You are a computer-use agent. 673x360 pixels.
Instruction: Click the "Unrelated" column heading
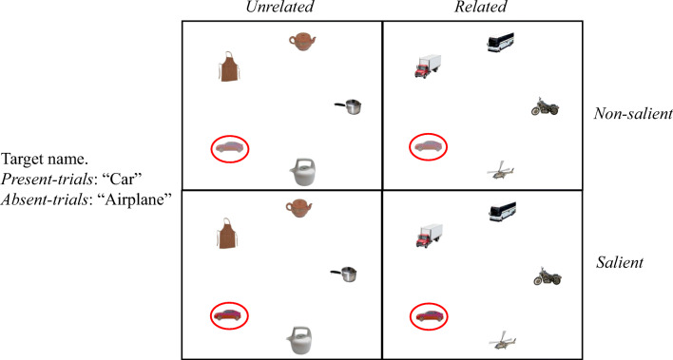279,7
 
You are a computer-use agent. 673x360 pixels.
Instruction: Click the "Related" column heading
481,7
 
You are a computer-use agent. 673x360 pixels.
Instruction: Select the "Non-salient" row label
633,113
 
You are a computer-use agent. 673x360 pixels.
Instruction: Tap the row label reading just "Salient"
620,262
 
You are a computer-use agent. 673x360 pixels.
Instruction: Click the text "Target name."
45,160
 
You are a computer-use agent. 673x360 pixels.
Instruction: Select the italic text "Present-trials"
48,180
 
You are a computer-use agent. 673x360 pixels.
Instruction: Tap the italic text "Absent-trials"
45,199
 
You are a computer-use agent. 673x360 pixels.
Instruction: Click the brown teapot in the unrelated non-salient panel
302,42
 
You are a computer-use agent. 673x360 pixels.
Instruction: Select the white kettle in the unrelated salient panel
299,340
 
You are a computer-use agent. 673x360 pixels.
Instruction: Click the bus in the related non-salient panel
500,42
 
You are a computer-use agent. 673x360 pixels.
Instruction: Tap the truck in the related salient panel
429,236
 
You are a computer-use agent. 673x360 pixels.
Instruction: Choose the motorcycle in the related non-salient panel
545,106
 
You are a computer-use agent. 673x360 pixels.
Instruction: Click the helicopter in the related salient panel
502,340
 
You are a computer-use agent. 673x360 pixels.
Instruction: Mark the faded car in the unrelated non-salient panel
230,148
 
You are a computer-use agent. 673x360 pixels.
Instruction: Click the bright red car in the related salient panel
428,316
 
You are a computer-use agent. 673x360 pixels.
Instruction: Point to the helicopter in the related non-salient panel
500,170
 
